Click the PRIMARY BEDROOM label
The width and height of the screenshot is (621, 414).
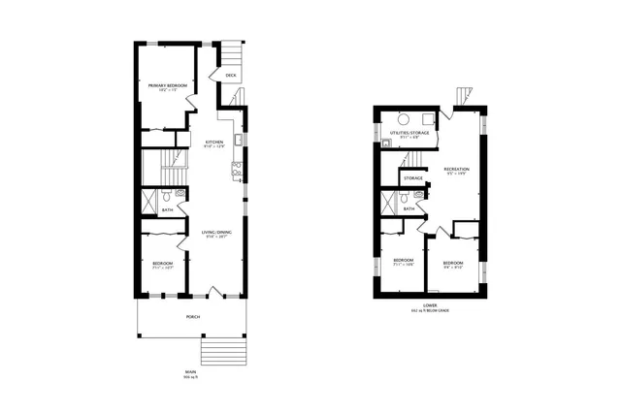pos(167,86)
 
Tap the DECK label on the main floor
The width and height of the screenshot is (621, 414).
pos(230,75)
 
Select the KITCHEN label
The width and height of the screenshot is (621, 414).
pos(214,143)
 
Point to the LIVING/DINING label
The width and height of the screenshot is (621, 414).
pos(215,233)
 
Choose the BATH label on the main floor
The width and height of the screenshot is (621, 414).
pos(167,209)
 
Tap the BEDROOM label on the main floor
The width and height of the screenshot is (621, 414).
pos(162,263)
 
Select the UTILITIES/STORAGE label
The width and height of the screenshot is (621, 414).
pos(408,132)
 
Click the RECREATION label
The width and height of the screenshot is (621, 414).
pos(456,170)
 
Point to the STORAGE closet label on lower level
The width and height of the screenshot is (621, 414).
pos(412,178)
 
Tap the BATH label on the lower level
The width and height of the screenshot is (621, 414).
pos(409,208)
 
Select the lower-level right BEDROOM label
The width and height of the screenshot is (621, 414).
pos(453,264)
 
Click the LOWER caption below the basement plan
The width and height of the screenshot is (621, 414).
pos(429,306)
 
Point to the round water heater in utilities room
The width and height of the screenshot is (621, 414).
pos(386,142)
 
